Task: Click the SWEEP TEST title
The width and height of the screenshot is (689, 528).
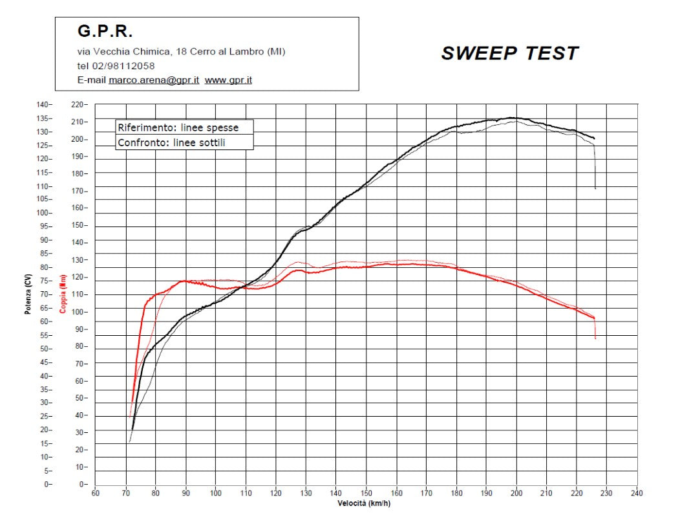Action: (x=509, y=54)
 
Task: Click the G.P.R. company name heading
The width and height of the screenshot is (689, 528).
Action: (x=105, y=31)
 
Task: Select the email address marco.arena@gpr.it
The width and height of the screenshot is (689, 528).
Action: (x=154, y=80)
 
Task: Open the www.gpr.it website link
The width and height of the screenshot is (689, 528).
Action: (x=228, y=80)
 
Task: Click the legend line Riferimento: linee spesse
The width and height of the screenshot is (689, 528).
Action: (x=178, y=127)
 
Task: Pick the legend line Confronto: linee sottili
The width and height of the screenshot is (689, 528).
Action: (x=171, y=142)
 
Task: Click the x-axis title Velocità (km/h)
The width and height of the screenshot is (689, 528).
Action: (x=364, y=503)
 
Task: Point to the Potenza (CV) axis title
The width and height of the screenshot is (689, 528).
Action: (x=28, y=294)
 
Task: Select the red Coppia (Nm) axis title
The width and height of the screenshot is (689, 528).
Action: (x=63, y=294)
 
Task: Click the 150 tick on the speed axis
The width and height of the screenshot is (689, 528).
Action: (x=366, y=493)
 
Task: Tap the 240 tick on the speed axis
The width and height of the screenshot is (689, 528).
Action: (x=637, y=493)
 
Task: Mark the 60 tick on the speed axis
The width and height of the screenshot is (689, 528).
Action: (x=95, y=493)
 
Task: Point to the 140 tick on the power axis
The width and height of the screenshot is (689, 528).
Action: (x=43, y=104)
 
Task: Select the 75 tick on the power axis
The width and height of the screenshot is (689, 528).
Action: (x=45, y=281)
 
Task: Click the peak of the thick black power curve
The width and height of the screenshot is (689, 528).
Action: (x=511, y=118)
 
